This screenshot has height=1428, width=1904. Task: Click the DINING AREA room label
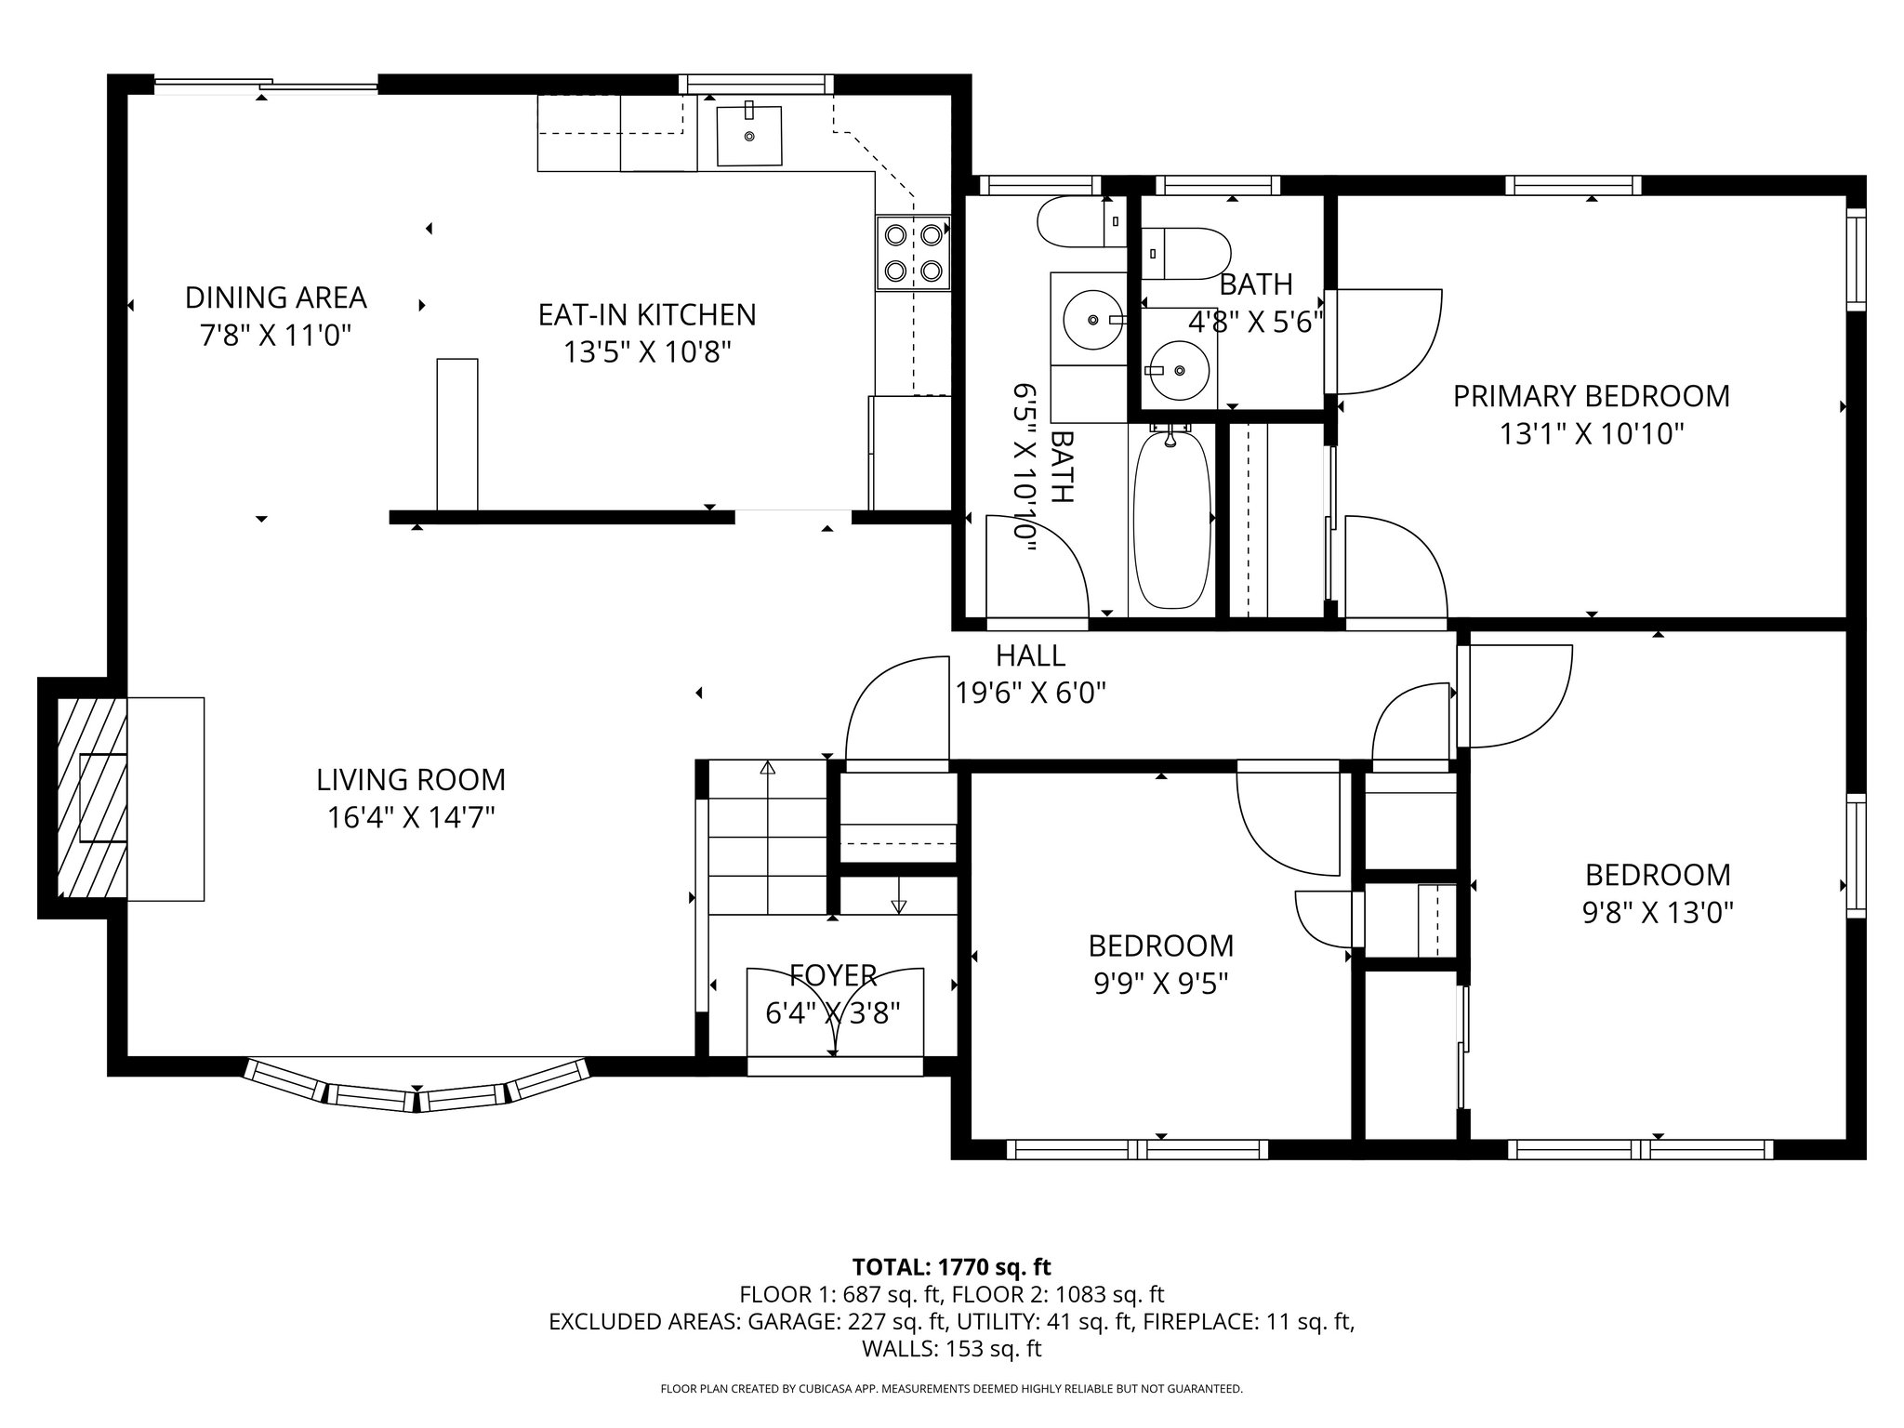(275, 297)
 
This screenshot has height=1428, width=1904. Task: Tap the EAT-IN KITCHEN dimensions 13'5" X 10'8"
(647, 352)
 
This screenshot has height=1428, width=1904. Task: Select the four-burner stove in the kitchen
(913, 253)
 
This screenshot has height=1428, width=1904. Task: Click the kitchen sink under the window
(748, 136)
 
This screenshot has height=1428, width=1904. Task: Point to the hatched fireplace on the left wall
(91, 798)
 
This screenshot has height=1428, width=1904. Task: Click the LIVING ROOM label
(410, 779)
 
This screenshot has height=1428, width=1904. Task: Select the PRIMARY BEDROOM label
(1591, 396)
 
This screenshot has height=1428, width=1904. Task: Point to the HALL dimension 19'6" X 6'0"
(1030, 693)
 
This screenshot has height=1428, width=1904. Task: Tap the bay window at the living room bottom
(417, 1088)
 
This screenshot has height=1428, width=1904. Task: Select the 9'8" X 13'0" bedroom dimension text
(1658, 913)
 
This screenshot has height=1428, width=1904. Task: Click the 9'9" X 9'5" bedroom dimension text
(1161, 984)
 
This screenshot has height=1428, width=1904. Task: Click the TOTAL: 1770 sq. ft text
(951, 1266)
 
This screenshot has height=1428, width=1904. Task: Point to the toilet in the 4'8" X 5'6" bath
(1185, 252)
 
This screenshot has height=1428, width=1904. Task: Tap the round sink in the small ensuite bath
(1180, 370)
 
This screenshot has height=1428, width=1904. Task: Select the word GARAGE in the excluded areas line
(787, 1321)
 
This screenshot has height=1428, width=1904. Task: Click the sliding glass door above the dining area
(266, 86)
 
